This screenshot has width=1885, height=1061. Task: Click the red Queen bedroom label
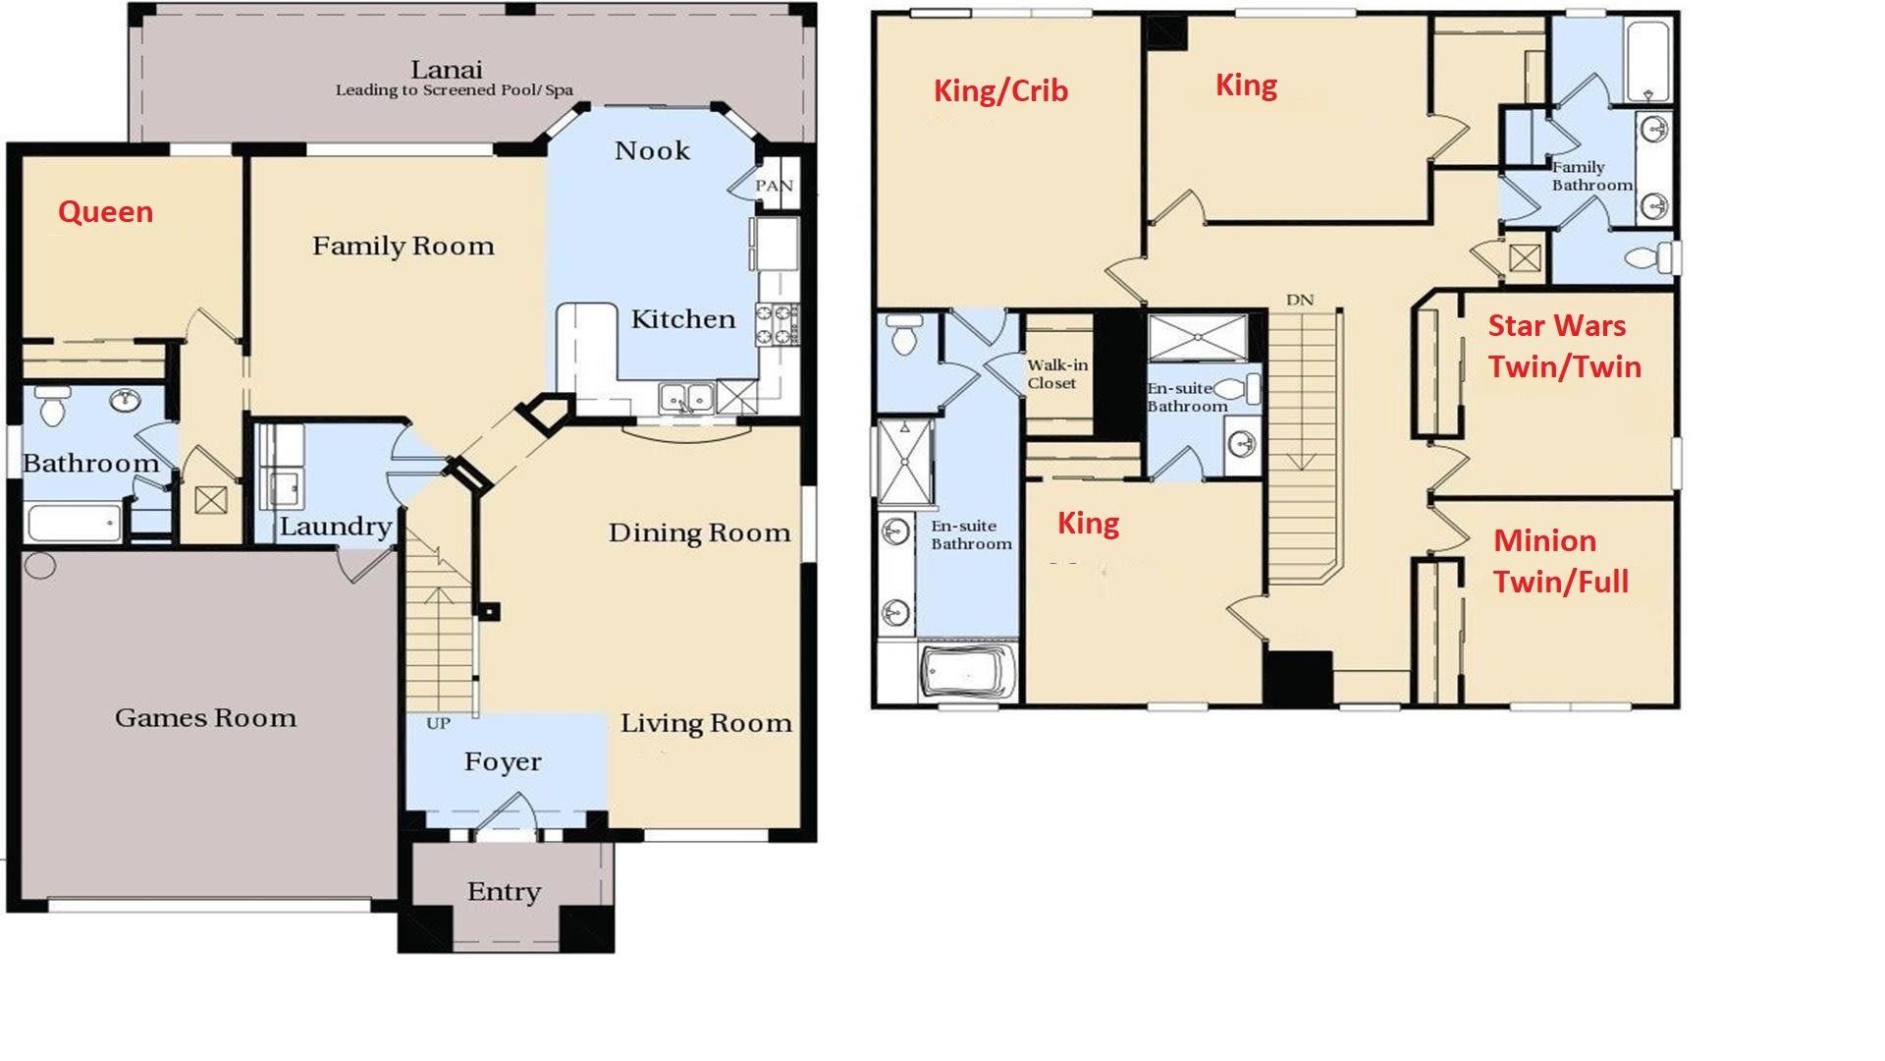(105, 212)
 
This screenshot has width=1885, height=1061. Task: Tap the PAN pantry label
(774, 186)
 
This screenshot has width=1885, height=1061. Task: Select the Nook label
(652, 151)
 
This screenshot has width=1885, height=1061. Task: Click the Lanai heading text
(446, 70)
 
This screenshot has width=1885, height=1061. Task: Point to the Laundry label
(335, 528)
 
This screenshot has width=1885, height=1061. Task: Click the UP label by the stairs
(438, 724)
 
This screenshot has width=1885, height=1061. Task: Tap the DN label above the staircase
(1300, 301)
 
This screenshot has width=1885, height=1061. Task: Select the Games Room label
(205, 718)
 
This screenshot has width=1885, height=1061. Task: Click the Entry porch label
(504, 892)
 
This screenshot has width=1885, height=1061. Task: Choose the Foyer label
(503, 762)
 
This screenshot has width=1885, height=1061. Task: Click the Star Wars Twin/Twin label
(1564, 346)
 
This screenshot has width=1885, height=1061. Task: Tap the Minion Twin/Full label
(1560, 561)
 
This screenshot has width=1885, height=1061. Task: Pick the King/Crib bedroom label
(1000, 91)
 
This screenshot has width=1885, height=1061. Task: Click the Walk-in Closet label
(1056, 374)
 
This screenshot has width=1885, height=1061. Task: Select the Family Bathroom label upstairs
(1590, 176)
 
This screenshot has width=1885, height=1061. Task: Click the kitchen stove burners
(776, 325)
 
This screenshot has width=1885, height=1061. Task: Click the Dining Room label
(699, 533)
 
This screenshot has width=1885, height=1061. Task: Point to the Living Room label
(706, 724)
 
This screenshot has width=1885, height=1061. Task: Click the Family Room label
(403, 247)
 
